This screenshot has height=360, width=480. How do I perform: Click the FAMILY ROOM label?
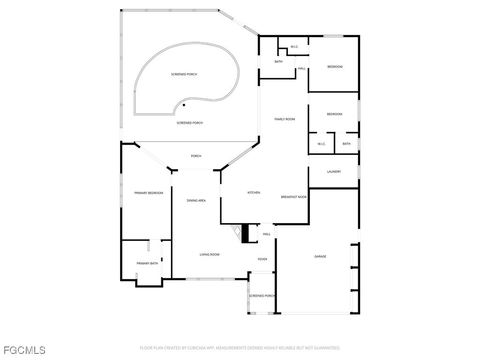pos(285,119)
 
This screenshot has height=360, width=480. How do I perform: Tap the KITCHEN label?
pos(254,193)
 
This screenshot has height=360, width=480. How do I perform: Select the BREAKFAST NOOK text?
pos(294,197)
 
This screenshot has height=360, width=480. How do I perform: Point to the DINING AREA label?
pos(196,201)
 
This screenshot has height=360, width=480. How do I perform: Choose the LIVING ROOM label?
pos(210,255)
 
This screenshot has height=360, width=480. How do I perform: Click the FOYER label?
pos(262,259)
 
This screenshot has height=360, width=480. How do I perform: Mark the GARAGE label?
pos(320,256)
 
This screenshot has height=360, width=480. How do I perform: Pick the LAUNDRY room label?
pos(334,172)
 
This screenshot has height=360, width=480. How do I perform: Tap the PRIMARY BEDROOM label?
pos(149,193)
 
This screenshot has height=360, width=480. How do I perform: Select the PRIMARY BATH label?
pos(147,263)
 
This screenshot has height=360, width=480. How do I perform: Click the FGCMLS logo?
pos(24,350)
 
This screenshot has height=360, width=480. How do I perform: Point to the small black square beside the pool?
pos(184,105)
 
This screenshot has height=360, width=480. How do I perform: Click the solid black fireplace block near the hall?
pos(245,233)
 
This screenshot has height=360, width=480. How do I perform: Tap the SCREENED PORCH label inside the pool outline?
pos(184,75)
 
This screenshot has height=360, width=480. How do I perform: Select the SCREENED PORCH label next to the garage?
pos(262,296)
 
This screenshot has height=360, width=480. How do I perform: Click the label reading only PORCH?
pos(196,156)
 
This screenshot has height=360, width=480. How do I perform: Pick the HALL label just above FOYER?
pos(267,234)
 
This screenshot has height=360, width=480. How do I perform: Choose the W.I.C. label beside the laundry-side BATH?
pos(322,144)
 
